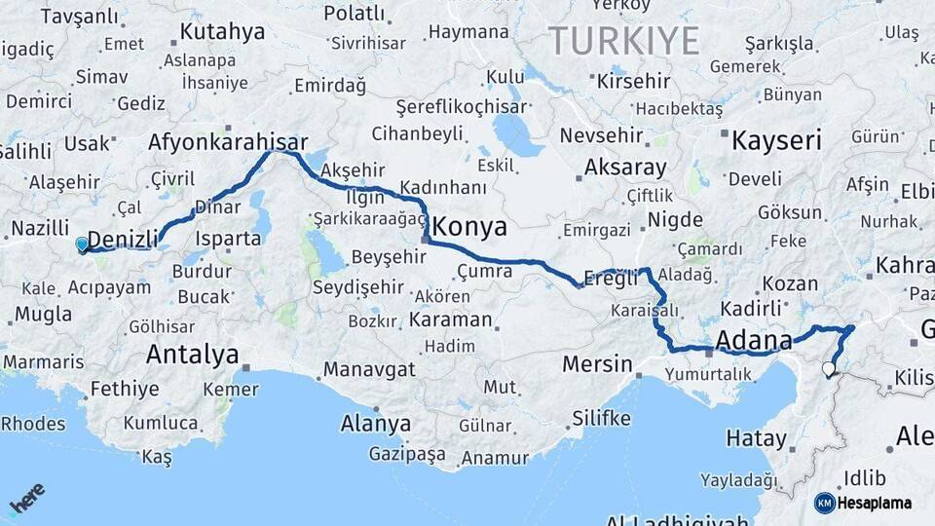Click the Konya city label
tap(469, 228)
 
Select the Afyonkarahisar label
tap(228, 142)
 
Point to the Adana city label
tap(753, 341)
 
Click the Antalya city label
tap(192, 355)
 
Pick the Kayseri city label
tap(776, 140)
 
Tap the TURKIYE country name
tap(624, 42)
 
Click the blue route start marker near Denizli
tap(82, 244)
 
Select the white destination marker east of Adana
tap(829, 369)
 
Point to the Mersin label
tap(597, 364)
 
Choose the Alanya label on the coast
tap(375, 424)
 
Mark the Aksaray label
tap(625, 168)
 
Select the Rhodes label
tap(33, 424)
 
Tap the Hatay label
tap(756, 438)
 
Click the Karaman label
tap(450, 319)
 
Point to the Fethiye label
tap(124, 389)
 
